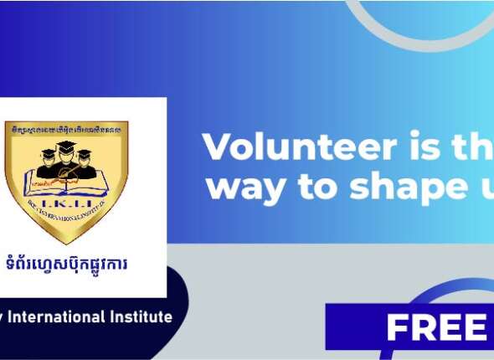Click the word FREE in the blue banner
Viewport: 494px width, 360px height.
pyautogui.click(x=436, y=327)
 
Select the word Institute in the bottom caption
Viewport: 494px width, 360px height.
pyautogui.click(x=143, y=317)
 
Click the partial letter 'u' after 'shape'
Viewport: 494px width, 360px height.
pyautogui.click(x=480, y=188)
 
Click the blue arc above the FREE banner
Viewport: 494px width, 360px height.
pyautogui.click(x=444, y=289)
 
